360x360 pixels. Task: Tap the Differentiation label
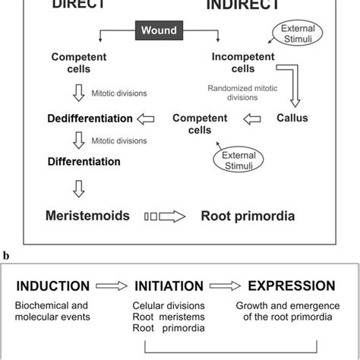(84, 161)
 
